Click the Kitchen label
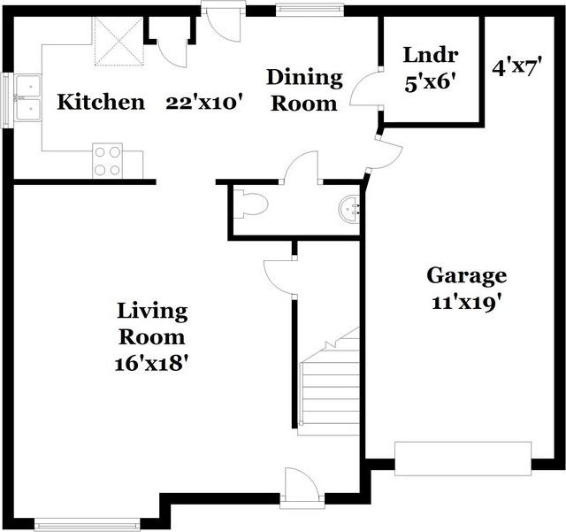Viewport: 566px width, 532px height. pos(101,102)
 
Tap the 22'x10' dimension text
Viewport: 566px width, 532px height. pos(203,103)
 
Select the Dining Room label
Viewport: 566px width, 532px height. pos(304,90)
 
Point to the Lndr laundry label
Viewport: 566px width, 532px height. pos(431,55)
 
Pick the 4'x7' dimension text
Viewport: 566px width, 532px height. pos(517,67)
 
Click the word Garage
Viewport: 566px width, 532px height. pos(467,276)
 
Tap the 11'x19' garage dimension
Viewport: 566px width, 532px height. pos(468,303)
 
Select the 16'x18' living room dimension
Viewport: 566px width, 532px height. pos(152,363)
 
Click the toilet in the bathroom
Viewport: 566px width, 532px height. pos(250,204)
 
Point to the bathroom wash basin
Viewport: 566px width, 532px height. pos(349,209)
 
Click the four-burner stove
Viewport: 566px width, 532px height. pos(107,161)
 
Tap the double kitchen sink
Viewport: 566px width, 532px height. pos(28,98)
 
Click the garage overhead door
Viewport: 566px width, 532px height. pos(463,459)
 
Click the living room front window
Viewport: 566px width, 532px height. pos(87,525)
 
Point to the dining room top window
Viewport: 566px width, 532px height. pos(310,10)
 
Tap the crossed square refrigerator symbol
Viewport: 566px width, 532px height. pos(119,42)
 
